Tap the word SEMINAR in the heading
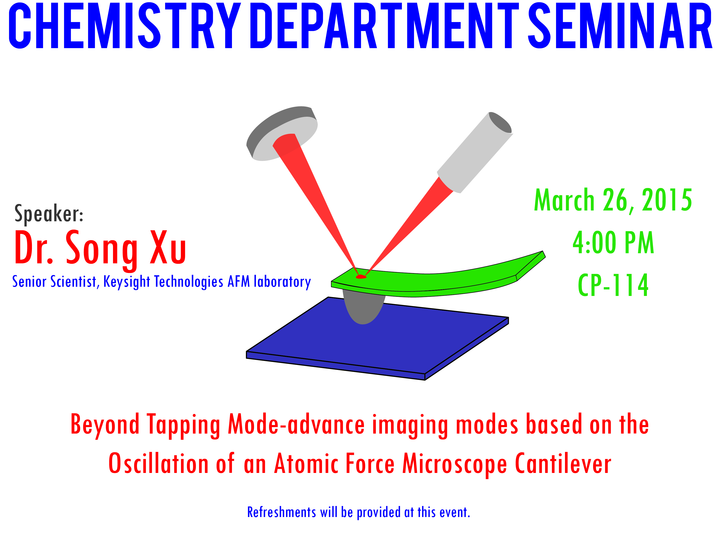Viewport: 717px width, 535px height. [x=620, y=26]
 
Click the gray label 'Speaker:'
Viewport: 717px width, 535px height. [x=49, y=214]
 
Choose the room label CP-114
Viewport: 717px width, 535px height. [x=613, y=285]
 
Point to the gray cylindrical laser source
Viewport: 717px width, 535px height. [x=475, y=152]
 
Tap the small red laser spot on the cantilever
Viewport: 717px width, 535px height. [x=361, y=277]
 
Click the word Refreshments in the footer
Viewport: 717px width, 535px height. [x=281, y=512]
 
